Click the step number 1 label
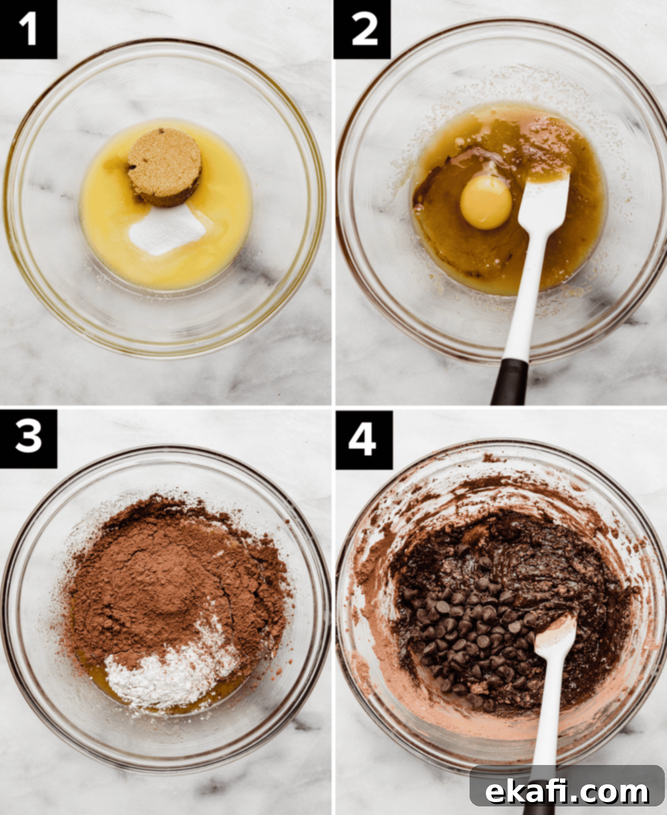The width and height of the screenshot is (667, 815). (x=28, y=29)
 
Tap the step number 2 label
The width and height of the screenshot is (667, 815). (x=362, y=29)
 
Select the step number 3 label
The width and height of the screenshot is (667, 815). (x=28, y=439)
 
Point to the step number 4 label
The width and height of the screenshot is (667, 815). (x=364, y=440)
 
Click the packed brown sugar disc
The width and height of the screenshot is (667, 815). (x=165, y=166)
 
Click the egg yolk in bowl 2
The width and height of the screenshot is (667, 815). (x=486, y=203)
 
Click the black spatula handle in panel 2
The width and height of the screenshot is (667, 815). (x=509, y=381)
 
